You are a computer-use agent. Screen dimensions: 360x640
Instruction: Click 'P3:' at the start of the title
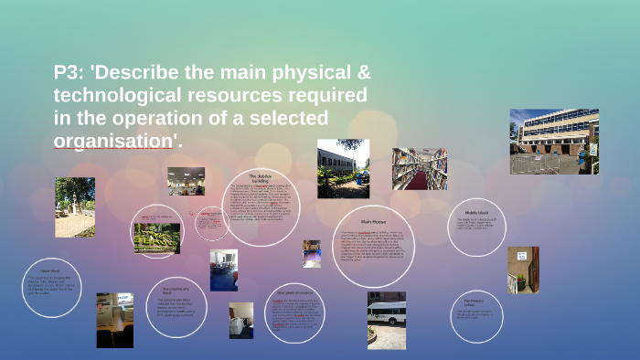click(72, 73)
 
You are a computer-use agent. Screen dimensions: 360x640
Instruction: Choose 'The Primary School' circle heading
click(473, 302)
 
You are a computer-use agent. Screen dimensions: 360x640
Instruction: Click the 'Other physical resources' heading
click(294, 293)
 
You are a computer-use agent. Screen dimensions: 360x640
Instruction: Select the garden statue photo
click(74, 206)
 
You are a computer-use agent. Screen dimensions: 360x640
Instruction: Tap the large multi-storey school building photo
click(553, 142)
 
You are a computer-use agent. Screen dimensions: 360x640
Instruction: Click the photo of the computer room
click(186, 181)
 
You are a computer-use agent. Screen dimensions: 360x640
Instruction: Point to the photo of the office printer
click(114, 320)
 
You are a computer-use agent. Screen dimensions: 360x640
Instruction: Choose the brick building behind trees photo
click(343, 168)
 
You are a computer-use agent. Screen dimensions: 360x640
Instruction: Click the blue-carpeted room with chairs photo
click(223, 270)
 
